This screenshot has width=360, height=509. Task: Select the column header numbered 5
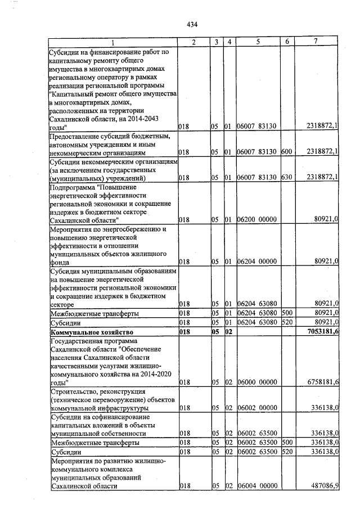(258, 43)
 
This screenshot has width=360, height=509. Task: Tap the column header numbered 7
(316, 43)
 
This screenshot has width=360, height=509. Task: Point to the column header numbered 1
(112, 43)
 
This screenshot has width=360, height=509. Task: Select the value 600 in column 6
(286, 152)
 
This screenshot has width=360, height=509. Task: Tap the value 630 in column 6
(286, 178)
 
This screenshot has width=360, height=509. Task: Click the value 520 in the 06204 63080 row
(286, 322)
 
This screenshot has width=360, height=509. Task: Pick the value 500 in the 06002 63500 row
(286, 443)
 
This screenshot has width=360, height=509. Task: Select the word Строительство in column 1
(75, 391)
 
